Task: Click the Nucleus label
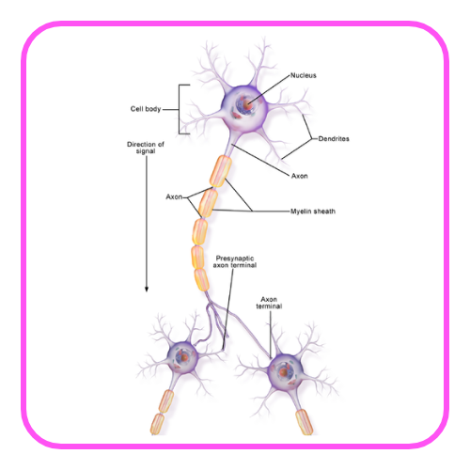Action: [x=303, y=75]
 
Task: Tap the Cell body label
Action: [x=146, y=109]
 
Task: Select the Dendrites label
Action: [x=334, y=138]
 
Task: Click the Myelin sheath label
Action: [x=313, y=211]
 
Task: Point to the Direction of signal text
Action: [x=146, y=148]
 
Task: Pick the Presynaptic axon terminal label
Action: [x=235, y=261]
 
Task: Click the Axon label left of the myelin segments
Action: [x=174, y=196]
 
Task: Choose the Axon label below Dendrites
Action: [x=300, y=176]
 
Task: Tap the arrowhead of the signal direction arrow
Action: [x=147, y=290]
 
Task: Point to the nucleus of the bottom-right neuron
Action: [x=284, y=371]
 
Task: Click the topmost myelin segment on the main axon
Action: [x=221, y=171]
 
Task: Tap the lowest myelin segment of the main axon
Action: [x=201, y=280]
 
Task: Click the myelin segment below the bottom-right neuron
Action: [x=305, y=422]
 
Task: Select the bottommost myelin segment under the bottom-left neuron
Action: [x=157, y=424]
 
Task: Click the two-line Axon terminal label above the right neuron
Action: [x=269, y=303]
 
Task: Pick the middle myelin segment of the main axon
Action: [x=199, y=232]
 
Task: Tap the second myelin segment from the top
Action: [x=209, y=203]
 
